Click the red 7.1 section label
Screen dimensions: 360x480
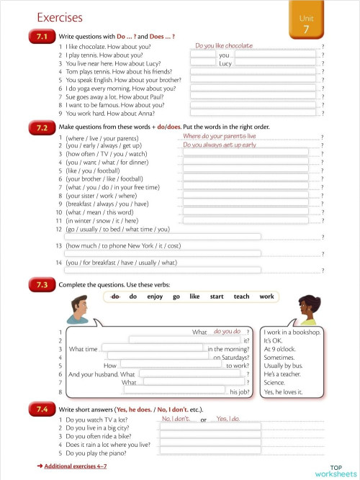pyautogui.click(x=41, y=36)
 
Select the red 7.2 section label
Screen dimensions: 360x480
pyautogui.click(x=41, y=127)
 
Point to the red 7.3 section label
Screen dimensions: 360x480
pyautogui.click(x=41, y=285)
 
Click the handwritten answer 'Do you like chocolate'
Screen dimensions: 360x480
pyautogui.click(x=224, y=46)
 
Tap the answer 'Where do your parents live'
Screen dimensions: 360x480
pyautogui.click(x=219, y=136)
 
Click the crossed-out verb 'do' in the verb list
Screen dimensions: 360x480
pyautogui.click(x=115, y=296)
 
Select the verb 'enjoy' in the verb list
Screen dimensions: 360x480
pyautogui.click(x=155, y=296)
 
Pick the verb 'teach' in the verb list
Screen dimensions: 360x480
pyautogui.click(x=241, y=296)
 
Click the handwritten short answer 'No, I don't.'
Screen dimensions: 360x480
pyautogui.click(x=176, y=419)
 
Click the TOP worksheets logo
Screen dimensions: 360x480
pyautogui.click(x=336, y=470)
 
